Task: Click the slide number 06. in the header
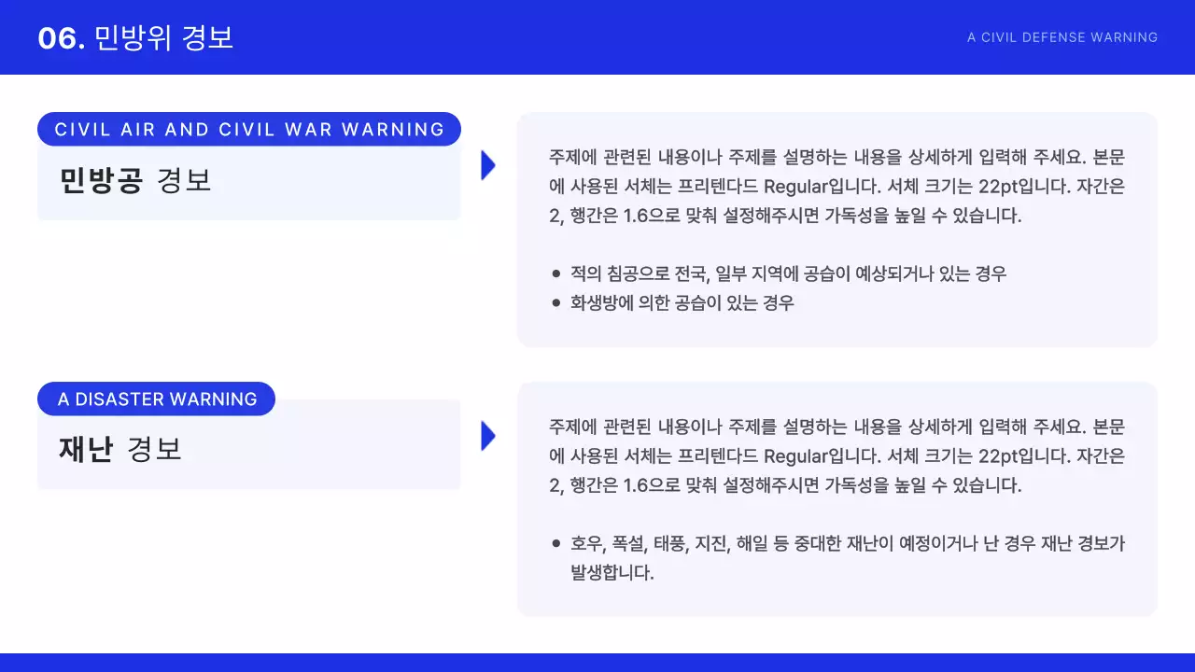coord(62,38)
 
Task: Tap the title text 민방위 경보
coord(164,38)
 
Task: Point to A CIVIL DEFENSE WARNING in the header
coord(1062,38)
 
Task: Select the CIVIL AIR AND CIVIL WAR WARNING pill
coord(249,130)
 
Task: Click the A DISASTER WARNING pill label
coord(157,399)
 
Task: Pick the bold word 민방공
coord(101,180)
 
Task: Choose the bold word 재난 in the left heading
coord(85,450)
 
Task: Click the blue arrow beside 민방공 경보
coord(487,165)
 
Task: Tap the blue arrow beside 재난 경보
coord(487,436)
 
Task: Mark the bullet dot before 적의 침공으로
coord(556,274)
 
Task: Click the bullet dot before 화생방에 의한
coord(556,303)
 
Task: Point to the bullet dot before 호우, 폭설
coord(556,543)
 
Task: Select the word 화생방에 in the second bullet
coord(600,303)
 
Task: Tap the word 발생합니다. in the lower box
coord(612,572)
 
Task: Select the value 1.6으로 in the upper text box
coord(653,216)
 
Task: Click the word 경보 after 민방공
coord(185,180)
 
